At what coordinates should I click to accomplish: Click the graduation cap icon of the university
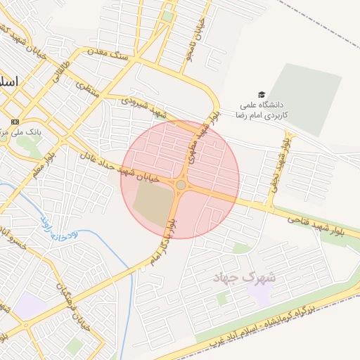pos(262,94)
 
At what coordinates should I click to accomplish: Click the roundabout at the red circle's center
pos(181,184)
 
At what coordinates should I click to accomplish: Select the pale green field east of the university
pos(307,98)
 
